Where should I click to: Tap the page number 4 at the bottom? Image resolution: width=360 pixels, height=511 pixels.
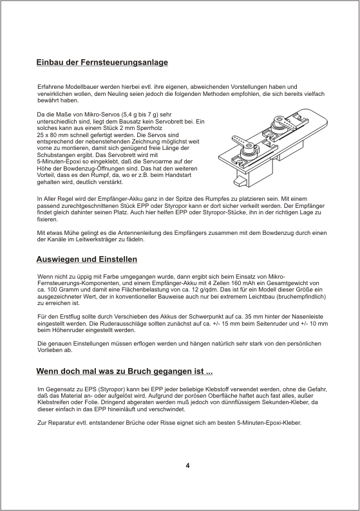[x=187, y=465]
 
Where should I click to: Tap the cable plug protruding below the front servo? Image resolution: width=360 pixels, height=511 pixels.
[x=240, y=181]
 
